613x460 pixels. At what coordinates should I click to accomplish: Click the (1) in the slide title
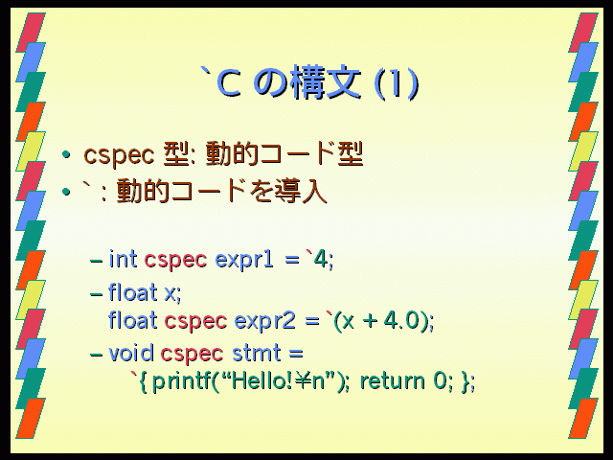[397, 83]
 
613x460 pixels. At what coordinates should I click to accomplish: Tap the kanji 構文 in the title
[326, 82]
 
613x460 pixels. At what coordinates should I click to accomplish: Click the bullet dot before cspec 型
[66, 155]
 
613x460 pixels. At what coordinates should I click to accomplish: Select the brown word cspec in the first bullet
[119, 155]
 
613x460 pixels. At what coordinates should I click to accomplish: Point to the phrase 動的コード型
[284, 154]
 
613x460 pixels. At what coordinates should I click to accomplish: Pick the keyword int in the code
[124, 259]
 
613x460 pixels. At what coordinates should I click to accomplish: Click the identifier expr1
[244, 260]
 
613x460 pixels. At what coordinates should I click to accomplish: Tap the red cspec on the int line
[175, 261]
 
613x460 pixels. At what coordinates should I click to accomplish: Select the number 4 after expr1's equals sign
[321, 259]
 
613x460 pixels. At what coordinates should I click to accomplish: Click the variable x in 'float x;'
[170, 293]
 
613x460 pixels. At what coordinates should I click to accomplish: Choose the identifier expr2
[264, 322]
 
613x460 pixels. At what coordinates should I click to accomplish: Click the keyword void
[131, 353]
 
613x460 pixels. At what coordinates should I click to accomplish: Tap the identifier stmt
[257, 353]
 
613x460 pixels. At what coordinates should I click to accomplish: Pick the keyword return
[392, 381]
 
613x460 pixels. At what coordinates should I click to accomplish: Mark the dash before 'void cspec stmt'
[97, 355]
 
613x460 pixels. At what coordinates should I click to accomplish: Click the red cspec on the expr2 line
[195, 322]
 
